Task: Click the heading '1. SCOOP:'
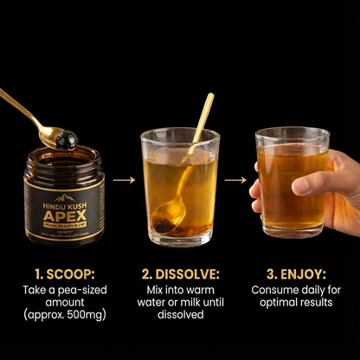tap(61, 272)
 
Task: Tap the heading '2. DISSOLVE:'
tap(179, 272)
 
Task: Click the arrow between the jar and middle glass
tap(125, 181)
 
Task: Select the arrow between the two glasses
tap(236, 181)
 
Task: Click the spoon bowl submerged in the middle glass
tap(165, 216)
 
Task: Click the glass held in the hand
tap(292, 177)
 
